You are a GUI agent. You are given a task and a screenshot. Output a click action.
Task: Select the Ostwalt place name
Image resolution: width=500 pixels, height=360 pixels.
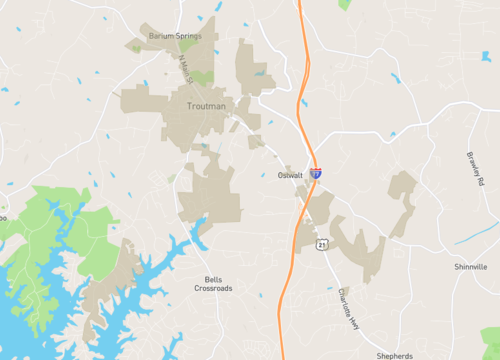(x=291, y=175)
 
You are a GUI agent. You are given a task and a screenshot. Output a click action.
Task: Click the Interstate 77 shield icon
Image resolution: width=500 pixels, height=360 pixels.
(x=315, y=173)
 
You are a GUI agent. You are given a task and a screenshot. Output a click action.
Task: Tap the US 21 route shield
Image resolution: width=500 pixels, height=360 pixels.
(x=322, y=244)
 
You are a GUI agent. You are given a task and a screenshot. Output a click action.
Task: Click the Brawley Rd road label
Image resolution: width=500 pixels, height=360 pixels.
(x=474, y=170)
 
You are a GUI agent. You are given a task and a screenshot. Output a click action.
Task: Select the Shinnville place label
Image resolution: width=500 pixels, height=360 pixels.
(x=469, y=267)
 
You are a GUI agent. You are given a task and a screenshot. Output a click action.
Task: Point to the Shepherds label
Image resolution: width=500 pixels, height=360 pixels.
(x=393, y=355)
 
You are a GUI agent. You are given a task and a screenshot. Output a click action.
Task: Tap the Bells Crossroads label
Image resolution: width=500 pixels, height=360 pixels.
(x=212, y=284)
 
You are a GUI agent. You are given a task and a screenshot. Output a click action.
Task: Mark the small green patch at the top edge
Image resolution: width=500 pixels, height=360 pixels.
(x=345, y=4)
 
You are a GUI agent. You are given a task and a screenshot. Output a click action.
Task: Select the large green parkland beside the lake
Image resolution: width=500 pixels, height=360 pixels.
(x=45, y=240)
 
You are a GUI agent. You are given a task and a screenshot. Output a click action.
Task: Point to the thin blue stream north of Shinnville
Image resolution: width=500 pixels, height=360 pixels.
(x=476, y=236)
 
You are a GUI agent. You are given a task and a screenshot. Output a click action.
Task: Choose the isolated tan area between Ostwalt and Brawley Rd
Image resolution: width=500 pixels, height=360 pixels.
(x=401, y=200)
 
